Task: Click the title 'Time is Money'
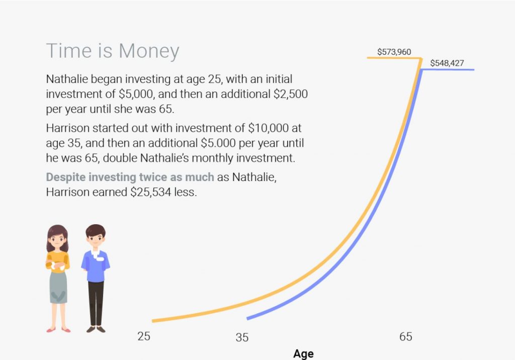coord(113,51)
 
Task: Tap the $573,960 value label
coord(394,52)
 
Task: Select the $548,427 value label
coord(447,63)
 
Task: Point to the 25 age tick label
coord(144,336)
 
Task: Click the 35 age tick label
coord(242,337)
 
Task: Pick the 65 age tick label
coord(406,336)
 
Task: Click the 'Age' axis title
coord(303,354)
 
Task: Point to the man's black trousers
coord(96,304)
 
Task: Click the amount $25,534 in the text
coord(151,192)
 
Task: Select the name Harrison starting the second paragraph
coord(67,128)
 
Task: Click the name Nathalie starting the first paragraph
coord(67,79)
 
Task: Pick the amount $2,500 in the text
coord(291,94)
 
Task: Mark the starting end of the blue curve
coord(247,318)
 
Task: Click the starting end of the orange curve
coord(153,321)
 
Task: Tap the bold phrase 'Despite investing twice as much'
coord(130,177)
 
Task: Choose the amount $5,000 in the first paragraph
coord(136,94)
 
